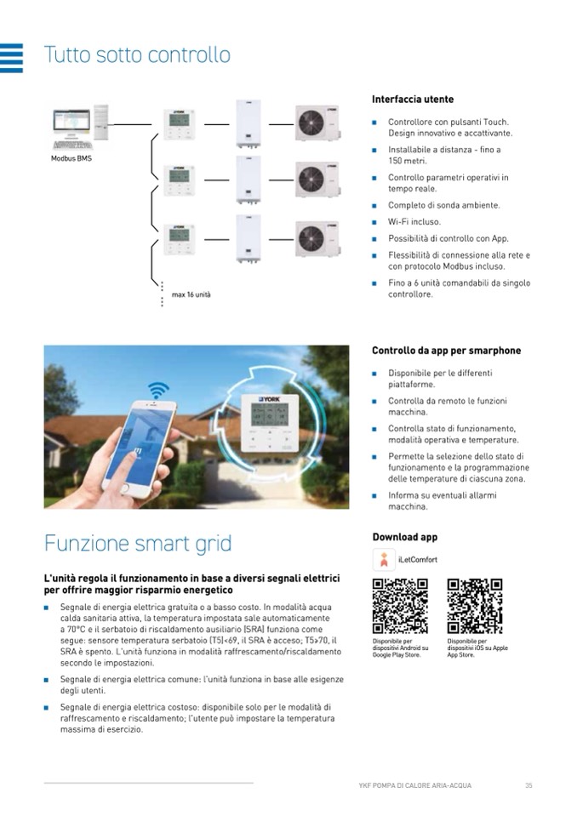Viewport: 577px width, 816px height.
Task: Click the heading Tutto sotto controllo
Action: (137, 55)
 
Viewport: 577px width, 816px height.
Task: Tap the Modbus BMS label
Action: (71, 159)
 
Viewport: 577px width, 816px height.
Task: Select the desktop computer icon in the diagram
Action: (80, 127)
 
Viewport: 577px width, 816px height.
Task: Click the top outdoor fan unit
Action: (317, 123)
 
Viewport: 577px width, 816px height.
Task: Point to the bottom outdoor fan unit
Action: (317, 238)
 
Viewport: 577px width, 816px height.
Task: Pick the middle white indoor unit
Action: (248, 180)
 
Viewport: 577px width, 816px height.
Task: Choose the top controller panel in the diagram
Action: (179, 125)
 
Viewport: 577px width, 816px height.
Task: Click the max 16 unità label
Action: (191, 294)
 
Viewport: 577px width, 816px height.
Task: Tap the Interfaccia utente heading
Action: (413, 100)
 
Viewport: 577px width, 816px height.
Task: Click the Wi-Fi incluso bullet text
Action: (414, 222)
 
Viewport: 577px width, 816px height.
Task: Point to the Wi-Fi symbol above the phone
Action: (157, 391)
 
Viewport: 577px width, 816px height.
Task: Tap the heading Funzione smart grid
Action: (138, 543)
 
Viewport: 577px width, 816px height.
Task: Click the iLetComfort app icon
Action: (383, 560)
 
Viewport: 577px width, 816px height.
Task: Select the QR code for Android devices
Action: (400, 606)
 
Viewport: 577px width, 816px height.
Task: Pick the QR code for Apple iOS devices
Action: (474, 606)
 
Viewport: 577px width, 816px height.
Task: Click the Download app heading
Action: (405, 537)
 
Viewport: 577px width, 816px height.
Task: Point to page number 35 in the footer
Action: (528, 785)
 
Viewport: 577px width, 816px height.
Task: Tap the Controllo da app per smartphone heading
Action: (446, 351)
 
